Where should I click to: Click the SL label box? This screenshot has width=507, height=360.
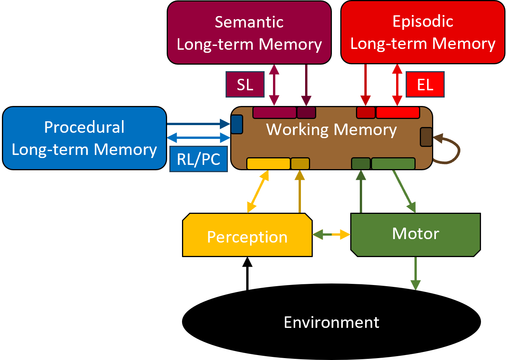click(x=245, y=85)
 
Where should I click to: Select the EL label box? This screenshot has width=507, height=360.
click(x=425, y=85)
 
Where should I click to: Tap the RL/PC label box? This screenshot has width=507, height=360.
click(x=198, y=159)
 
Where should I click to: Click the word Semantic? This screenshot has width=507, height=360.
click(x=249, y=22)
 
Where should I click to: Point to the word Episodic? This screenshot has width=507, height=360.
click(x=422, y=21)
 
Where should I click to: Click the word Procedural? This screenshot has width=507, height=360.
click(x=84, y=127)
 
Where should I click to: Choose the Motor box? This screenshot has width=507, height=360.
click(x=415, y=234)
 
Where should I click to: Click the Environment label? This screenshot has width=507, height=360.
click(x=331, y=323)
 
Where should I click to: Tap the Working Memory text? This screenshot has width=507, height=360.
click(x=331, y=130)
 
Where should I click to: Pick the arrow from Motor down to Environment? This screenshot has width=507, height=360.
click(x=415, y=273)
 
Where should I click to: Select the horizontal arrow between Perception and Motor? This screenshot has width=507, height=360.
click(x=331, y=235)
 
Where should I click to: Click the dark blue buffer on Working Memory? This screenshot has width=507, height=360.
click(x=237, y=124)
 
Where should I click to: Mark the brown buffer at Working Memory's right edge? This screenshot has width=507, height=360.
click(x=426, y=137)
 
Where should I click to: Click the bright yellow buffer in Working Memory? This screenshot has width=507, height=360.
click(x=268, y=164)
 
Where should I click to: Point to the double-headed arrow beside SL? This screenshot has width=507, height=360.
click(x=274, y=85)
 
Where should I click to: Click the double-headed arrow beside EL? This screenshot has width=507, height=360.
click(x=397, y=85)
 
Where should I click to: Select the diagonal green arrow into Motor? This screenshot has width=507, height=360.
click(x=404, y=191)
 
